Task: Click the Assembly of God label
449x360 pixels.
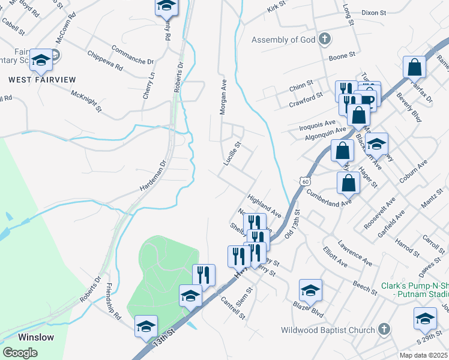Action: pos(284,40)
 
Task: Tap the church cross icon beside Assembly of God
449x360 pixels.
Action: pos(324,40)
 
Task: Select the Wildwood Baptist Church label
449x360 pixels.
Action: pos(328,329)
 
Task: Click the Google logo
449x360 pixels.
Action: pos(20,352)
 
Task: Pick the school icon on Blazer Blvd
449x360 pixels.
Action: pos(310,290)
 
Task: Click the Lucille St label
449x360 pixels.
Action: pos(232,154)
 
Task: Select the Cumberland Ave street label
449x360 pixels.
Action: pos(328,198)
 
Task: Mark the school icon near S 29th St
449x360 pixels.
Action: pos(425,318)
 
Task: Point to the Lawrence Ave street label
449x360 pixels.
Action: pos(355,253)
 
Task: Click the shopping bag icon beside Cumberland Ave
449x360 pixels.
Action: pos(348,183)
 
